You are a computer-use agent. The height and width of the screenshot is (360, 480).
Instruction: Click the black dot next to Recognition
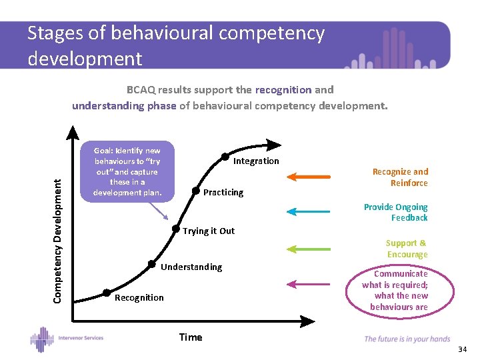click(106, 293)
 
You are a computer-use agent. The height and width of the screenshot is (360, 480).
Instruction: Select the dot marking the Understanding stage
click(153, 263)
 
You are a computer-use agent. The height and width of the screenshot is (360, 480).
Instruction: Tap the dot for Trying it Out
click(176, 227)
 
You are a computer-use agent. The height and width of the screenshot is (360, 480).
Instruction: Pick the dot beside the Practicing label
click(196, 191)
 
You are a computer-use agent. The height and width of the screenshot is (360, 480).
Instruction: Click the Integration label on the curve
click(256, 161)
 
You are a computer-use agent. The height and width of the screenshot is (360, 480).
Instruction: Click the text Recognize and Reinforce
click(400, 177)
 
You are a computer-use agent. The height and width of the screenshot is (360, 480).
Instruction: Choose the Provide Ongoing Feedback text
click(396, 212)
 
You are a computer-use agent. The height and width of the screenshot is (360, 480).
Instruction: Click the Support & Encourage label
click(407, 249)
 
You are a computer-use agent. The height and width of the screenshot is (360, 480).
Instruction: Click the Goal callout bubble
click(127, 171)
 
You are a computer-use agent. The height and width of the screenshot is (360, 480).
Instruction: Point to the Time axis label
click(191, 337)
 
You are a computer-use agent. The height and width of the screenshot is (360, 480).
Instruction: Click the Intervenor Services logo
click(67, 338)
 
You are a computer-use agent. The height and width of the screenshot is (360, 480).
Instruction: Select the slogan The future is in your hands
click(407, 339)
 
